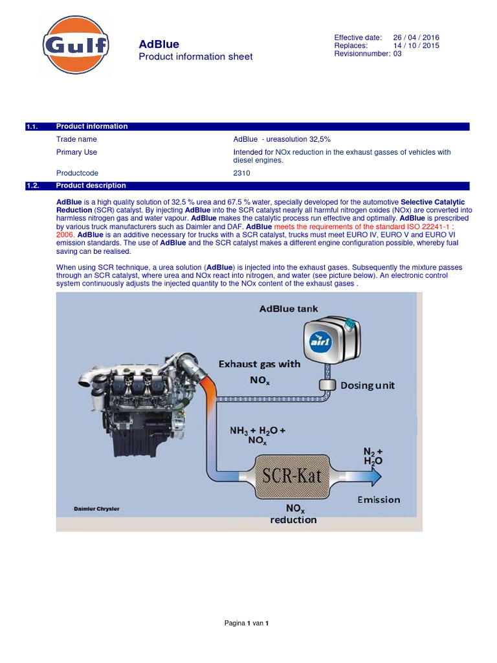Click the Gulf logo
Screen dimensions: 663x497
point(76,46)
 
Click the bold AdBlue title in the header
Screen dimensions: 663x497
point(159,45)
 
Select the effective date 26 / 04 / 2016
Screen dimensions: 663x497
point(416,38)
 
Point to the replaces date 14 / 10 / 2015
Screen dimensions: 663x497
point(416,46)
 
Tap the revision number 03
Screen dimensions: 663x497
point(397,54)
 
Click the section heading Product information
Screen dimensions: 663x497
point(92,126)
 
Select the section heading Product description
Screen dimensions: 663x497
point(91,185)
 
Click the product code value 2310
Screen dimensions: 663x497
point(241,174)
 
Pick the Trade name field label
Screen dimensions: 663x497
point(76,139)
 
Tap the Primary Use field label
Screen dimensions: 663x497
point(76,152)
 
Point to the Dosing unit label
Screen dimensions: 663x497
point(368,385)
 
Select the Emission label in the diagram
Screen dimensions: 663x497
point(379,499)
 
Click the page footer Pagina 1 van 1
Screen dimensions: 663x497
point(246,623)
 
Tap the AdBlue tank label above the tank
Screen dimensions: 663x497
point(289,309)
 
